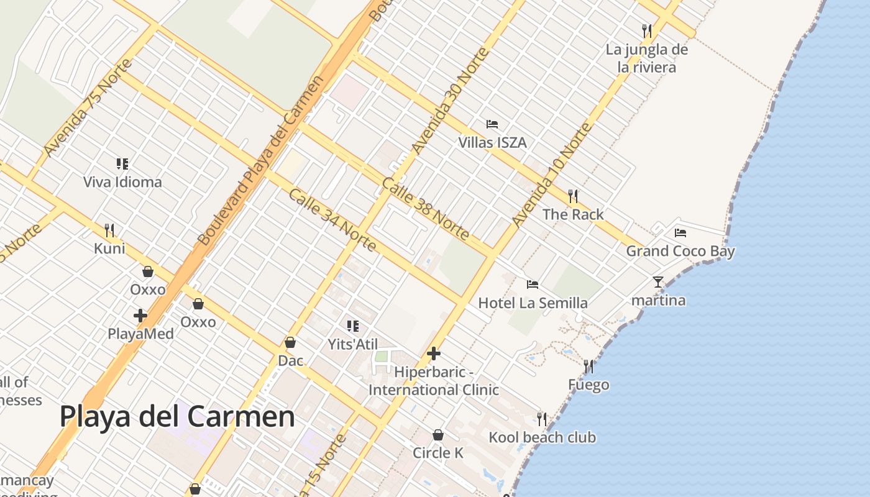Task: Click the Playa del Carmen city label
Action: pyautogui.click(x=177, y=416)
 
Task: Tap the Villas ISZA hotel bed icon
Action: pyautogui.click(x=492, y=124)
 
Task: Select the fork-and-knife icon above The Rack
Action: pyautogui.click(x=573, y=196)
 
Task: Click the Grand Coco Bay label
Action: pyautogui.click(x=680, y=251)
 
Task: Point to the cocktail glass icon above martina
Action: pyautogui.click(x=658, y=282)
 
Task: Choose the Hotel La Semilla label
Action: pyautogui.click(x=533, y=303)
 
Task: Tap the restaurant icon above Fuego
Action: pyautogui.click(x=588, y=367)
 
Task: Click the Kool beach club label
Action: pyautogui.click(x=542, y=437)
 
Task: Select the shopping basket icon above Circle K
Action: pyautogui.click(x=438, y=435)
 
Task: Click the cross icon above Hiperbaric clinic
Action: pyautogui.click(x=434, y=354)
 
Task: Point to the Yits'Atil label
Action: pyautogui.click(x=353, y=344)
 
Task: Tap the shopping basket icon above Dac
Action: pyautogui.click(x=290, y=342)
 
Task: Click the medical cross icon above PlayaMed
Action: pyautogui.click(x=140, y=316)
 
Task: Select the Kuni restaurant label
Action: pyautogui.click(x=109, y=248)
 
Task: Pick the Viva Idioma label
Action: pyautogui.click(x=122, y=182)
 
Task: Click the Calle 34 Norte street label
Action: pyautogui.click(x=332, y=219)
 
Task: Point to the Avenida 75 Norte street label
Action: pyautogui.click(x=88, y=107)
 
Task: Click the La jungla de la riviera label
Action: pyautogui.click(x=647, y=58)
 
